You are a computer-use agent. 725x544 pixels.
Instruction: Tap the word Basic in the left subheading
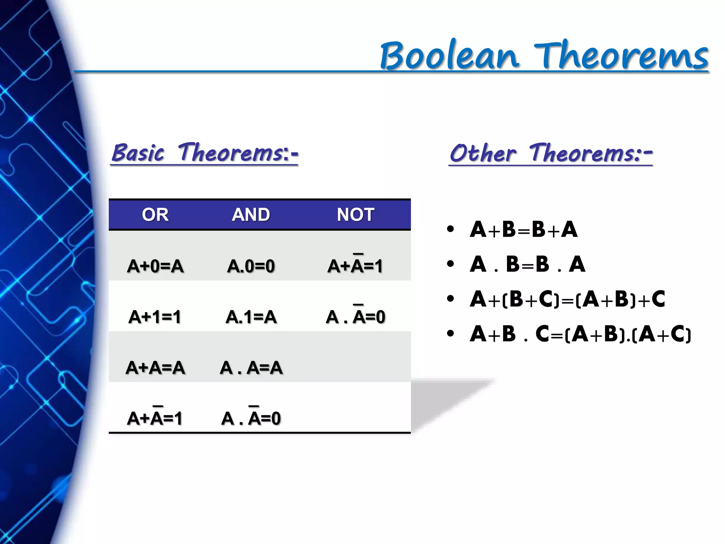[x=138, y=153]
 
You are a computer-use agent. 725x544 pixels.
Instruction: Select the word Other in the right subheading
[x=483, y=153]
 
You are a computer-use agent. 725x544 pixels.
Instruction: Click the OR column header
[x=155, y=215]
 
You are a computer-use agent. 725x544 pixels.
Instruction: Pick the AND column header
[x=251, y=215]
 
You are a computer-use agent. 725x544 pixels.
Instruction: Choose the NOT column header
[x=355, y=215]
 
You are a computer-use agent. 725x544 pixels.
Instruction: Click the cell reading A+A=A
[x=155, y=368]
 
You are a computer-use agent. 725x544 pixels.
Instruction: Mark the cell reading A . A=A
[x=251, y=368]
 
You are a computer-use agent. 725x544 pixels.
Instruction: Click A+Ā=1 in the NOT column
[x=355, y=266]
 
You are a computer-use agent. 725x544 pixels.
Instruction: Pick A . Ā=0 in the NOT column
[x=355, y=316]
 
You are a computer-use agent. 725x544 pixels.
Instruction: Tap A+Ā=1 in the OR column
[x=155, y=418]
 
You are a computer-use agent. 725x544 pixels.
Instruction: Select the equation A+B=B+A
[x=524, y=229]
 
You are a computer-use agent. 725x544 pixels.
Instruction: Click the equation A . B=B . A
[x=527, y=264]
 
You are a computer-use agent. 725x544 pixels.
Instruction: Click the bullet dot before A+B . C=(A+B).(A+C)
[x=450, y=334]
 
